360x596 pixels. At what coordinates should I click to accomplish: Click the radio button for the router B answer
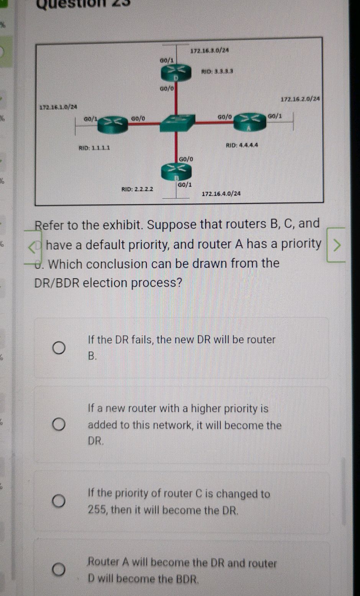point(59,348)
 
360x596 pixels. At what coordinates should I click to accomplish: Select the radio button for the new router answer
point(59,425)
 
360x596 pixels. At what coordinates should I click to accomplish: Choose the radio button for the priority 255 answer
point(59,501)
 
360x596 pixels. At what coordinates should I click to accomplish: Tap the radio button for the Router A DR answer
point(59,570)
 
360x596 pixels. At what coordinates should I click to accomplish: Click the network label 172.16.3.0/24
point(210,51)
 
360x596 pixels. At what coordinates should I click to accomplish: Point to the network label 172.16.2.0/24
point(300,99)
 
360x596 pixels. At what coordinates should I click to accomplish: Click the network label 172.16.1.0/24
point(58,106)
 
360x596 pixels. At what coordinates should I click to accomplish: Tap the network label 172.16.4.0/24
point(221,194)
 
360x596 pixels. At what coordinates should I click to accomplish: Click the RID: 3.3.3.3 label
point(217,71)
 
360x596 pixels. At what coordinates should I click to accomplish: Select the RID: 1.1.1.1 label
point(94,148)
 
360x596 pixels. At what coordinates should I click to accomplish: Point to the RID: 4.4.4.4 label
point(242,145)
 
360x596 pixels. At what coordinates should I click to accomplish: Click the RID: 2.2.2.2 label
point(137,189)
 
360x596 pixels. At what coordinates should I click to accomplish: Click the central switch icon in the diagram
point(177,123)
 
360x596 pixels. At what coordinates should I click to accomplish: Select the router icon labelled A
point(250,122)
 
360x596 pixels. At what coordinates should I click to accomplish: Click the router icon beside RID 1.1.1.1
point(112,124)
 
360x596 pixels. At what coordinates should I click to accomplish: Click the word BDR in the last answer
point(187,578)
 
